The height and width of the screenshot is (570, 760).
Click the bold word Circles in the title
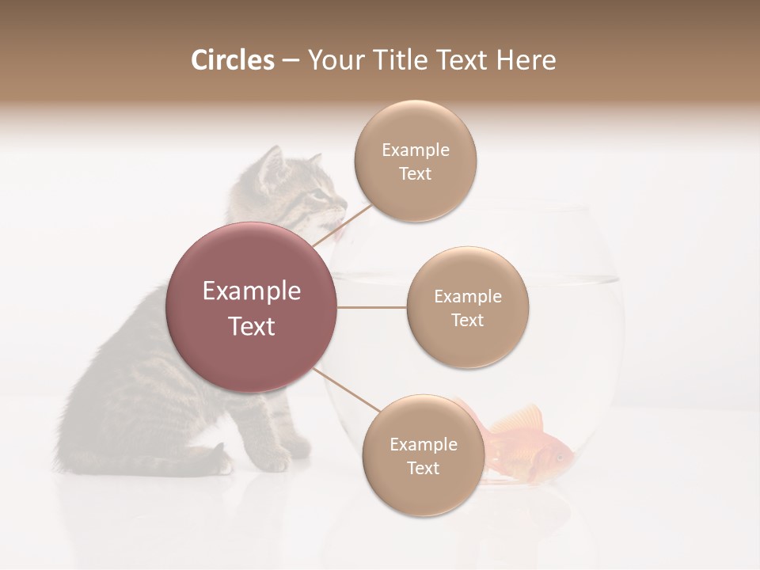[232, 60]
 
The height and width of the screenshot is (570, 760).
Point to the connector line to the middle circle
[372, 307]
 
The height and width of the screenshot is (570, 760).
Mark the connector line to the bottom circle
[347, 390]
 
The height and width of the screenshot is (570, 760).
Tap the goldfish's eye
[560, 456]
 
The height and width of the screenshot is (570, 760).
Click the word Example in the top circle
[415, 150]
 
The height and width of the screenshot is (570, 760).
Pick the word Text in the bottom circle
[423, 468]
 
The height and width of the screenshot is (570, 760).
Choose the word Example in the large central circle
[252, 291]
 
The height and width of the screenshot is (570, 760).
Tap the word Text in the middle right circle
[467, 320]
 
